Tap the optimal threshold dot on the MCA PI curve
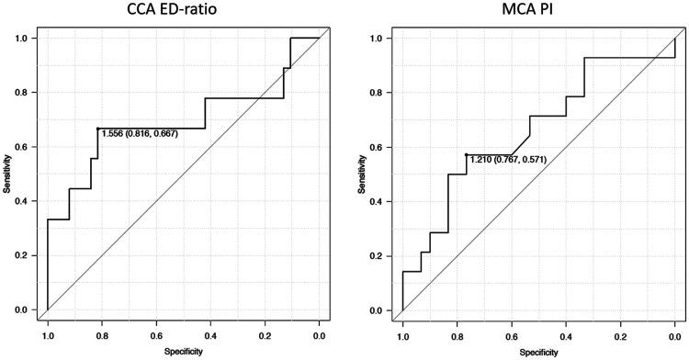pos(466,154)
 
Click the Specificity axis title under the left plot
pos(183,351)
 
